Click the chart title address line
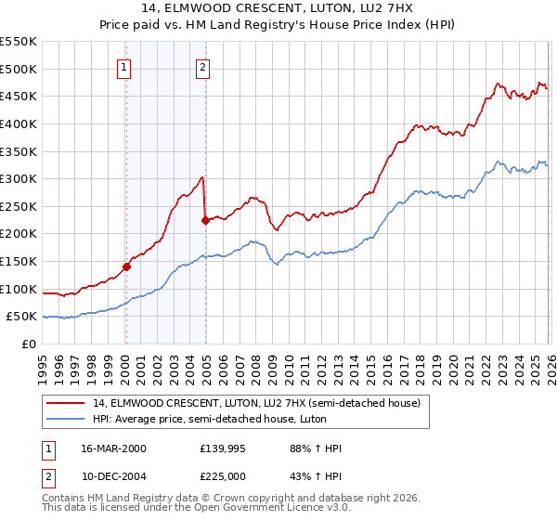tap(278, 8)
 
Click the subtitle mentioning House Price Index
tap(278, 25)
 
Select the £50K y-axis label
tap(22, 317)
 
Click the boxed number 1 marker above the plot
tap(124, 66)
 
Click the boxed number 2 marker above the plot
tap(202, 66)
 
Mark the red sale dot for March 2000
tap(127, 266)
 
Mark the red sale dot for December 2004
tap(205, 220)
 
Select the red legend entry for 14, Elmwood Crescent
tap(256, 403)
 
